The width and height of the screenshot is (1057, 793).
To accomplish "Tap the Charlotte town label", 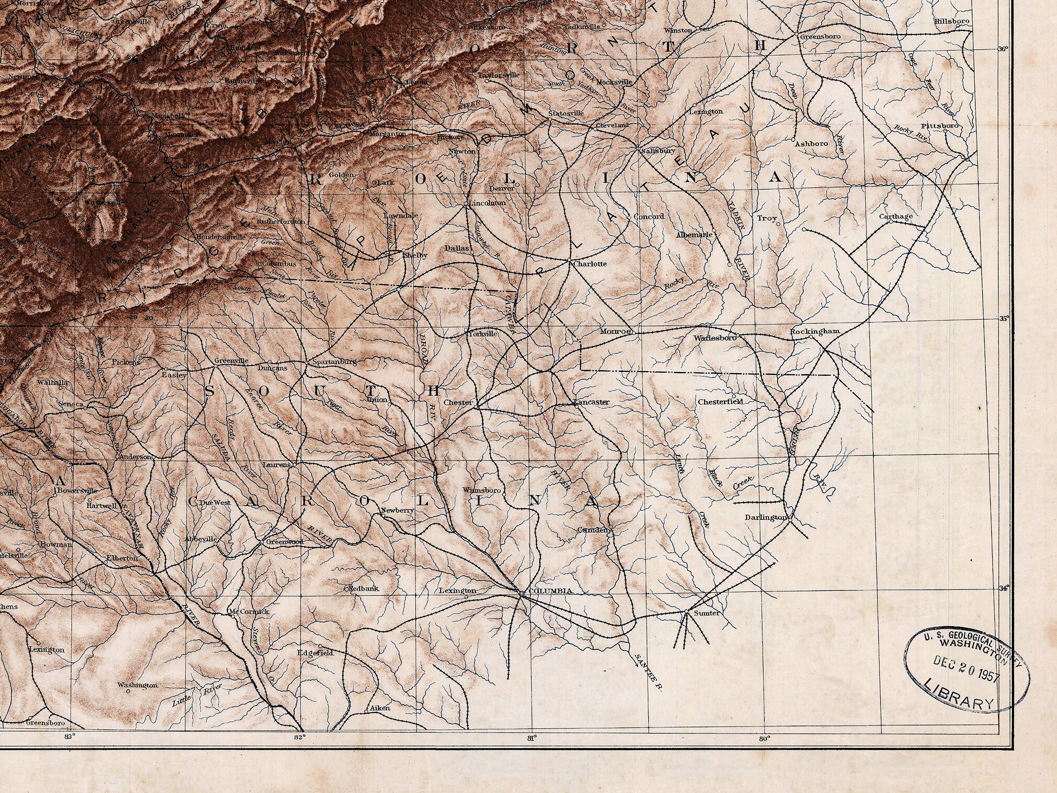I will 590,264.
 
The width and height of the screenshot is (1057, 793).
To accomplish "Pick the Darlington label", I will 765,517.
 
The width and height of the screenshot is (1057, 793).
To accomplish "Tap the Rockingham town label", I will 815,331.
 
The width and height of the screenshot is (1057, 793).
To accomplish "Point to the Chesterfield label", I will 720,402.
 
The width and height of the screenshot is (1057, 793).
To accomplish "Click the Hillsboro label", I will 952,21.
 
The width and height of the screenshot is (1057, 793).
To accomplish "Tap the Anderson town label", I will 136,456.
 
